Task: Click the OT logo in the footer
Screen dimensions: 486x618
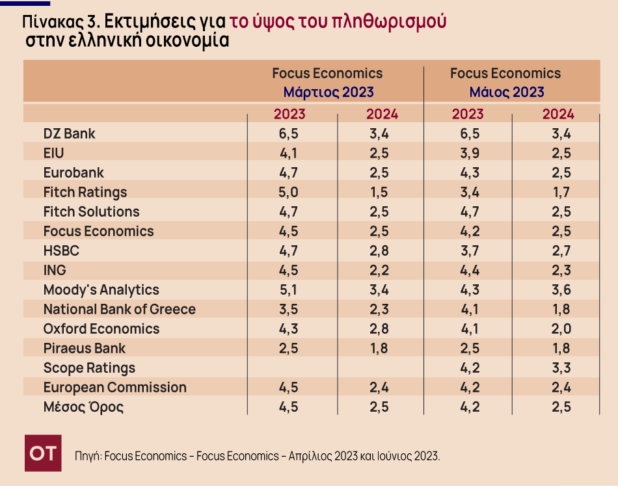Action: pyautogui.click(x=43, y=453)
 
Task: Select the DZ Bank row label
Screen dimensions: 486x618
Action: pyautogui.click(x=69, y=133)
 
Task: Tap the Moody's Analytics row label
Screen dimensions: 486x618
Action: pyautogui.click(x=101, y=290)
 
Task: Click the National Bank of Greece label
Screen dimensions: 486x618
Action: pyautogui.click(x=119, y=309)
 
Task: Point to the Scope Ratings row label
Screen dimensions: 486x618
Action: pyautogui.click(x=89, y=368)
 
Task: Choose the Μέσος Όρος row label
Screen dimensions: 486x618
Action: pyautogui.click(x=83, y=407)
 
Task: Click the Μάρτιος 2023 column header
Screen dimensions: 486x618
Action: pyautogui.click(x=328, y=92)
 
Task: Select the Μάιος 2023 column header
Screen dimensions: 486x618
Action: pyautogui.click(x=506, y=92)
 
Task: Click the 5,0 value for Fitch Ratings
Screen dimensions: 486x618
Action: pyautogui.click(x=289, y=192)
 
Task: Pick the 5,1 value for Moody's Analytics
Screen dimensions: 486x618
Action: pyautogui.click(x=289, y=290)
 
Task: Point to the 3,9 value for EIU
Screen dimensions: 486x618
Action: pyautogui.click(x=468, y=153)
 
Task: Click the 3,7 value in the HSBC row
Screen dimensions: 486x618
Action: pyautogui.click(x=468, y=250)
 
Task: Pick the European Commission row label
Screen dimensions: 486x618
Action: pyautogui.click(x=114, y=387)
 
